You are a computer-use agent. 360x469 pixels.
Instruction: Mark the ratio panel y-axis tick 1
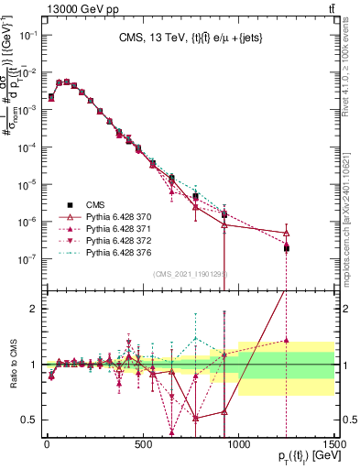[32, 365]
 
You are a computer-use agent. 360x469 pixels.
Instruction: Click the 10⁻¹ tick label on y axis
[27, 34]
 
